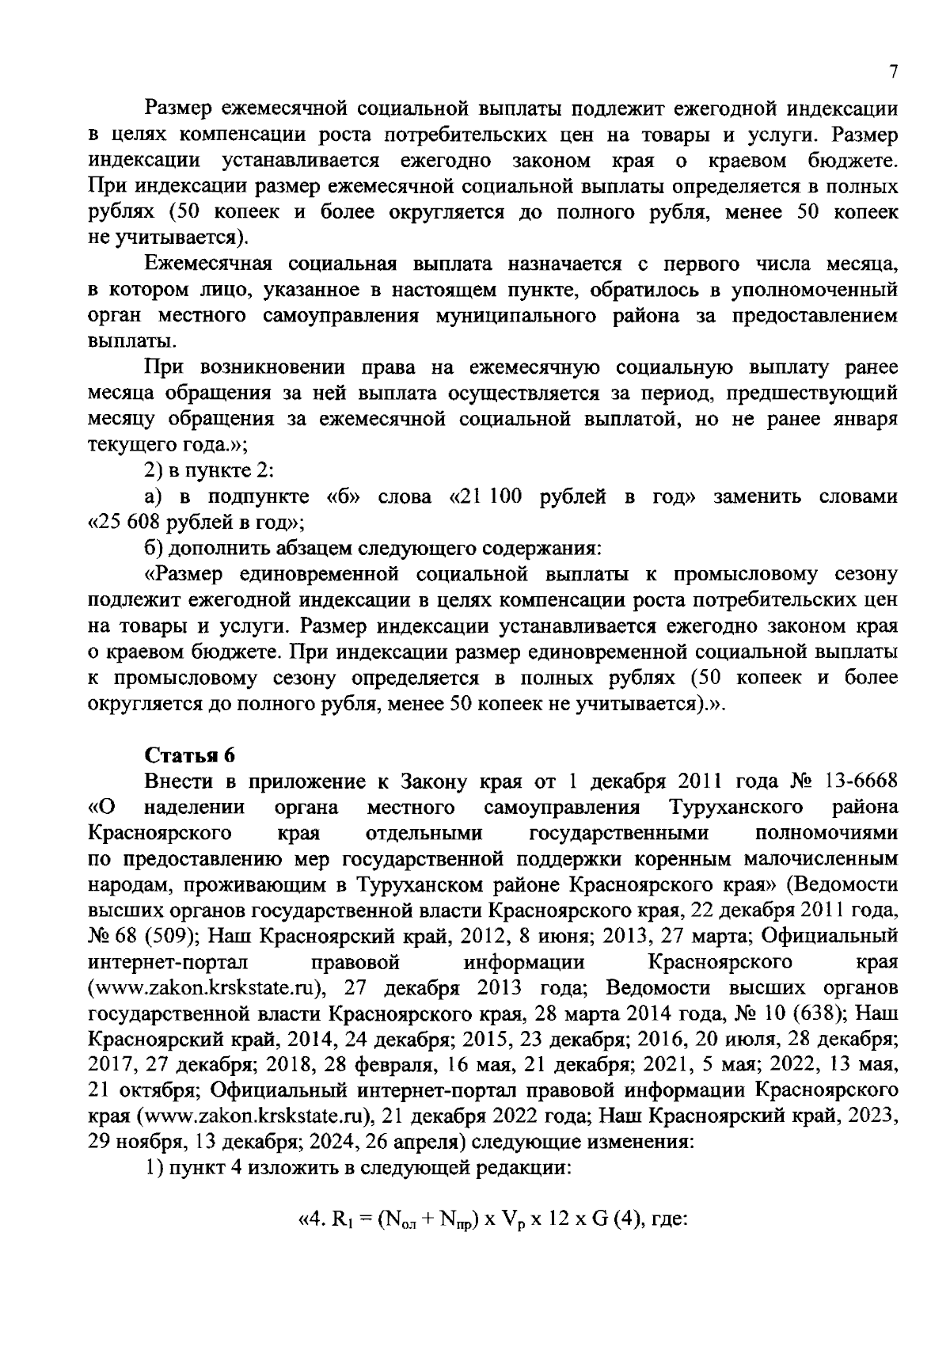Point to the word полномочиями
pos(826,833)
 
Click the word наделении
pos(195,807)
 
